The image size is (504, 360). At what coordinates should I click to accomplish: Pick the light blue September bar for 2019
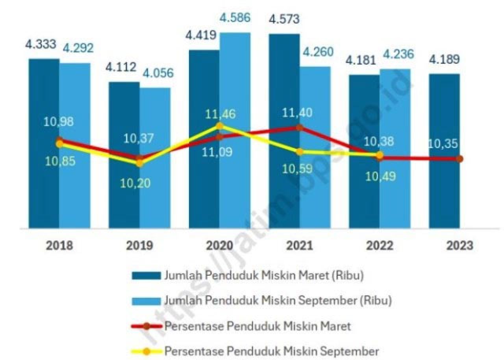pyautogui.click(x=155, y=197)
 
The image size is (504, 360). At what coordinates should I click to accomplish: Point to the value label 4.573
pyautogui.click(x=283, y=19)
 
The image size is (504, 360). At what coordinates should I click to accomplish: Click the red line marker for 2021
pyautogui.click(x=299, y=128)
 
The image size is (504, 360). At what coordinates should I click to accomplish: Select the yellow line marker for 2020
pyautogui.click(x=220, y=126)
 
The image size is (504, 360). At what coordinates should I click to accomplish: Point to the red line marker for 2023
pyautogui.click(x=460, y=159)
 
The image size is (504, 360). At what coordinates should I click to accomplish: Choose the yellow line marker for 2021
pyautogui.click(x=299, y=152)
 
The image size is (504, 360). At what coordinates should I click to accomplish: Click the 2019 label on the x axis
pyautogui.click(x=139, y=246)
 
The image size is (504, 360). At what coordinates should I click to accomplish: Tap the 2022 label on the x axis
pyautogui.click(x=380, y=246)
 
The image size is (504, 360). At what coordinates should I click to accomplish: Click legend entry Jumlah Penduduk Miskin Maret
pyautogui.click(x=264, y=275)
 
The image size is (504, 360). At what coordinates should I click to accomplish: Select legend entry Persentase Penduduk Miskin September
pyautogui.click(x=272, y=351)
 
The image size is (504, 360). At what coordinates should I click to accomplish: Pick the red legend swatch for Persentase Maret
pyautogui.click(x=146, y=326)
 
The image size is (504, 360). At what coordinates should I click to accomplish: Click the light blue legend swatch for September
pyautogui.click(x=146, y=301)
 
